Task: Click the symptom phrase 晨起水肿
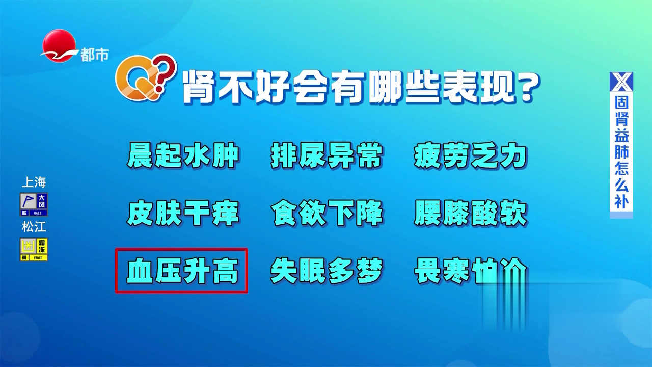183,155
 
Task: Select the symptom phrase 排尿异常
327,155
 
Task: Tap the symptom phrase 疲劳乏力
470,155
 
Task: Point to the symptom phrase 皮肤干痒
183,213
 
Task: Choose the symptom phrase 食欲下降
327,213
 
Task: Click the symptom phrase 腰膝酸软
470,213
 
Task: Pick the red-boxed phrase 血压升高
182,271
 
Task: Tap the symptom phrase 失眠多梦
327,271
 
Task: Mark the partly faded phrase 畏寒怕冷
470,271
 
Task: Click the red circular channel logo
58,46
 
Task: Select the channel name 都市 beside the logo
95,55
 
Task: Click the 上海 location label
34,182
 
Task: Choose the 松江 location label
34,226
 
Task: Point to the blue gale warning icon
34,204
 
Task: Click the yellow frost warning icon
34,249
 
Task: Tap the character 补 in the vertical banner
621,201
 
